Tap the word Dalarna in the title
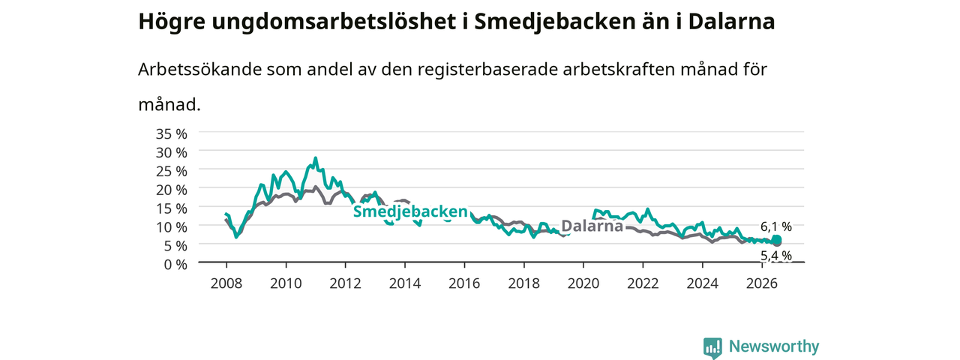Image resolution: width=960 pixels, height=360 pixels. click(x=731, y=22)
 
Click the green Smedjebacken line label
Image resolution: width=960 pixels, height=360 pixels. click(x=410, y=211)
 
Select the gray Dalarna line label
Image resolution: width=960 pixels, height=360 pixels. click(x=592, y=226)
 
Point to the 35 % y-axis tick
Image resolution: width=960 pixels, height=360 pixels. click(x=172, y=133)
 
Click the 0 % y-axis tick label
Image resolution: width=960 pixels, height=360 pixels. click(x=175, y=264)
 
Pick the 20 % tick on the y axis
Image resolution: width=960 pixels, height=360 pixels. click(x=172, y=190)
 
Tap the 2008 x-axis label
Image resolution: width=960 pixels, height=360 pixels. click(x=226, y=283)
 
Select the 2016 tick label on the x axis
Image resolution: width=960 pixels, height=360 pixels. click(x=464, y=283)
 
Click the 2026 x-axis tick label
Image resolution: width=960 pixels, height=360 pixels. click(x=762, y=283)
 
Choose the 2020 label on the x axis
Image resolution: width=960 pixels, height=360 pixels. click(x=583, y=283)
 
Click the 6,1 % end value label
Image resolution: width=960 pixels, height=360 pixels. click(x=776, y=226)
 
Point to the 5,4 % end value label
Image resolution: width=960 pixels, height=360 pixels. click(x=776, y=256)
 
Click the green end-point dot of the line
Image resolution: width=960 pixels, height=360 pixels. click(x=776, y=239)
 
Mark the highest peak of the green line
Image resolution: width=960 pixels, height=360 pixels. click(x=316, y=158)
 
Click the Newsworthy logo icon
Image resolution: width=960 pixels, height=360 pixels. click(x=712, y=347)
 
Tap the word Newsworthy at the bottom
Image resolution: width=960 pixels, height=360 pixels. click(x=774, y=346)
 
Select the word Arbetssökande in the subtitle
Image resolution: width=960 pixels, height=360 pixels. click(x=199, y=69)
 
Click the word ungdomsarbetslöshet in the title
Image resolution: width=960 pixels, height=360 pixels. click(x=334, y=22)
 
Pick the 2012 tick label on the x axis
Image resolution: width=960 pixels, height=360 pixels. click(x=346, y=283)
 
